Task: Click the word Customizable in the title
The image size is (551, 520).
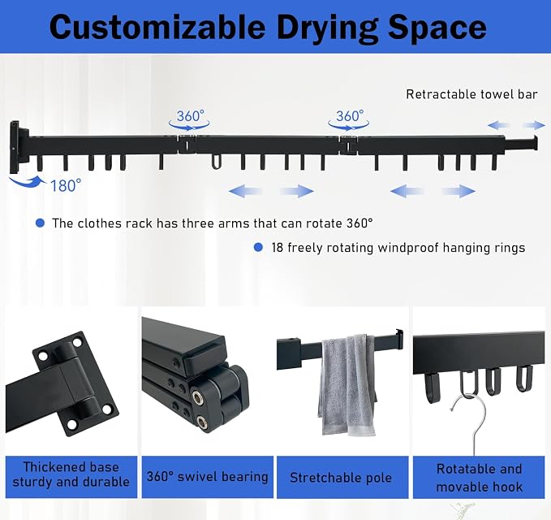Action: pyautogui.click(x=157, y=27)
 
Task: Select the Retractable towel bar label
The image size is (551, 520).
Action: pyautogui.click(x=471, y=94)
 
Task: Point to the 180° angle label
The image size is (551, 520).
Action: pyautogui.click(x=66, y=185)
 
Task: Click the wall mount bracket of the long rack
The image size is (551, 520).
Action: pyautogui.click(x=19, y=147)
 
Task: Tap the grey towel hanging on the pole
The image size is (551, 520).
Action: pyautogui.click(x=347, y=384)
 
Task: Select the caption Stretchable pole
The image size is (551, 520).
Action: pyautogui.click(x=341, y=478)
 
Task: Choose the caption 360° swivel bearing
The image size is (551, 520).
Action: pyautogui.click(x=207, y=477)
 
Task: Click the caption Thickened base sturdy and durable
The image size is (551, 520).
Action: pyautogui.click(x=71, y=474)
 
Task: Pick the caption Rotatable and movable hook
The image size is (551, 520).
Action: pyautogui.click(x=479, y=478)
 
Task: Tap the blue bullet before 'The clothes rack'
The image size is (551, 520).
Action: pyautogui.click(x=41, y=223)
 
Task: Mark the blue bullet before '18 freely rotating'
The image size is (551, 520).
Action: pyautogui.click(x=258, y=247)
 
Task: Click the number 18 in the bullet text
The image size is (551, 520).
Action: pyautogui.click(x=278, y=248)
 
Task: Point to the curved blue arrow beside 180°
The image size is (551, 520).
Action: pyautogui.click(x=28, y=182)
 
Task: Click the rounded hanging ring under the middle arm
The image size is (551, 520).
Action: pyautogui.click(x=217, y=161)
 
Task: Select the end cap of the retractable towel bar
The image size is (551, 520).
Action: pyautogui.click(x=536, y=142)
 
